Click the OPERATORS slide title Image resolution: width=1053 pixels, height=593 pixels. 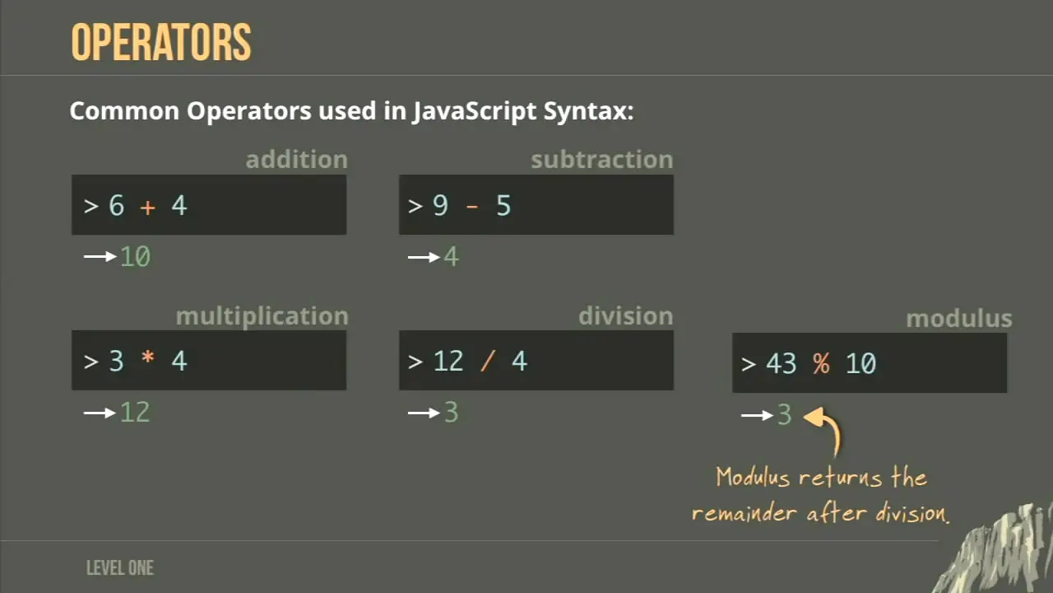(x=160, y=42)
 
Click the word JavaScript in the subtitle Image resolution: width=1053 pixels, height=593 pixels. (x=475, y=111)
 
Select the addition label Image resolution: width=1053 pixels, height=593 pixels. (x=297, y=160)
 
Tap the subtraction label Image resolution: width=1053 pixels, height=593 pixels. (x=602, y=160)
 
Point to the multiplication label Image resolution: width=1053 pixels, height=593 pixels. (x=262, y=316)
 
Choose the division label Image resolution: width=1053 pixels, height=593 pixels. (x=626, y=315)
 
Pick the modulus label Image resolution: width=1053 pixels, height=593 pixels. (x=959, y=319)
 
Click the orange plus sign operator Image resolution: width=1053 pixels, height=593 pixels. (x=147, y=207)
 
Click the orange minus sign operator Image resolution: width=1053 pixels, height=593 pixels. (x=472, y=207)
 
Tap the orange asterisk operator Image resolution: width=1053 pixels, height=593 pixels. (x=147, y=357)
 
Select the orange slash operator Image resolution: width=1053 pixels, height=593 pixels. (x=488, y=362)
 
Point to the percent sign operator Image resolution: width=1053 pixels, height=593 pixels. (x=821, y=363)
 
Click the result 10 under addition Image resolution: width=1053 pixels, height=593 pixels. (x=136, y=257)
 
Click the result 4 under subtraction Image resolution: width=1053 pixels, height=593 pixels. (x=452, y=257)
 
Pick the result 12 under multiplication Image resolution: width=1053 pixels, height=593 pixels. (x=135, y=413)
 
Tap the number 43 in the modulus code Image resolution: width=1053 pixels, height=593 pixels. (x=782, y=364)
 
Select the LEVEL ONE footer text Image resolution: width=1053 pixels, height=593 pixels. (x=120, y=568)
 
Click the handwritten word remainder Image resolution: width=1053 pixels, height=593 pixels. (x=745, y=513)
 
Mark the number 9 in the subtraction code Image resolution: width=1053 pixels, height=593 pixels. (x=440, y=206)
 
